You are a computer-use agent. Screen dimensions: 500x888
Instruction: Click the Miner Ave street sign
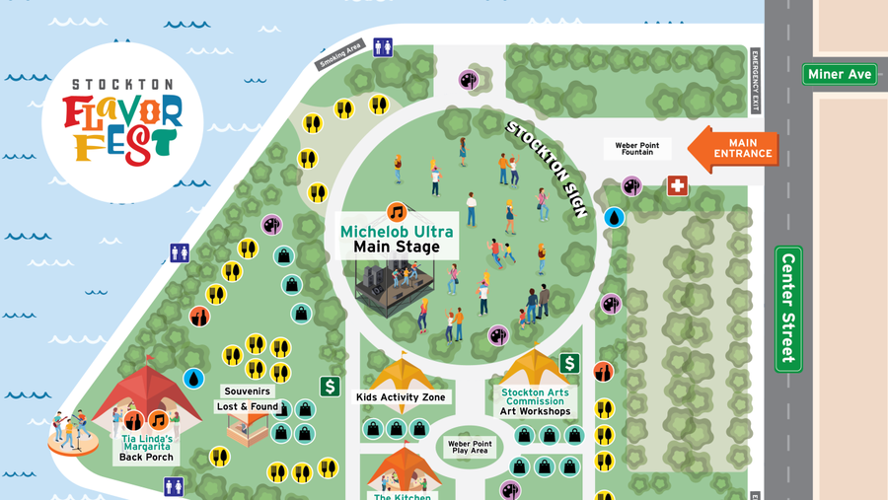[840, 74]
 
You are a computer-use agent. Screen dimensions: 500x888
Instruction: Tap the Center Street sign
[788, 309]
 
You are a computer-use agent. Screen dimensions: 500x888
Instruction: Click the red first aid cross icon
[677, 185]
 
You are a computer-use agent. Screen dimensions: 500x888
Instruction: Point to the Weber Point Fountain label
[636, 149]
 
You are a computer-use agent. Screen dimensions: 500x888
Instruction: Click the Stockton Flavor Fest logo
[122, 122]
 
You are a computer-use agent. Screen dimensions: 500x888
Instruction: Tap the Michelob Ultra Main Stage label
[397, 239]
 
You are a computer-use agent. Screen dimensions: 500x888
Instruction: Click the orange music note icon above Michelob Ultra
[397, 212]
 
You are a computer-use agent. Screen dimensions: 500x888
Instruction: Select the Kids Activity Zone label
[401, 397]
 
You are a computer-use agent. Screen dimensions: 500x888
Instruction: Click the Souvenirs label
[247, 392]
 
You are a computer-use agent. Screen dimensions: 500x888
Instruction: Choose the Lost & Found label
[248, 406]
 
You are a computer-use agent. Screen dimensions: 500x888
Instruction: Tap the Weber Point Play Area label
[470, 448]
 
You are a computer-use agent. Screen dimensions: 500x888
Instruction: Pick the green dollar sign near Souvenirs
[330, 386]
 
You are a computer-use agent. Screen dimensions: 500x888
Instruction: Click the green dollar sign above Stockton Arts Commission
[568, 364]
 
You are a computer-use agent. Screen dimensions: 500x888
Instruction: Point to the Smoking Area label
[340, 54]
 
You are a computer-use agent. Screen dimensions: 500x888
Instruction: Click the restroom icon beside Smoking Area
[383, 47]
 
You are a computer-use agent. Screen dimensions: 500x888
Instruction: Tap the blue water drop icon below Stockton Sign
[614, 217]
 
